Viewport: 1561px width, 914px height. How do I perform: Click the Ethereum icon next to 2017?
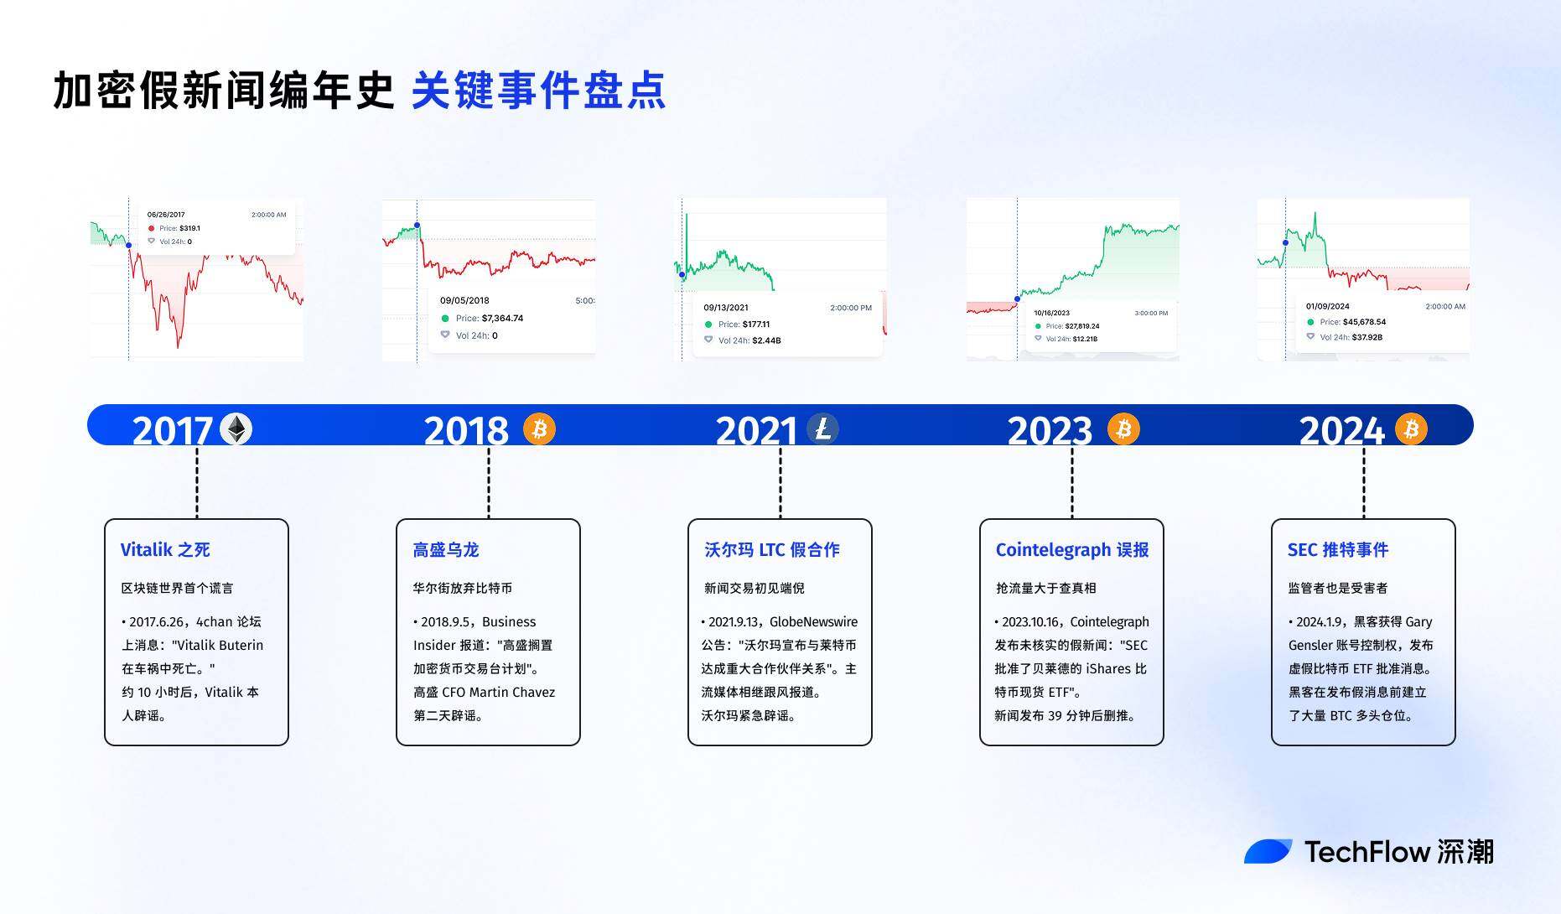pyautogui.click(x=236, y=429)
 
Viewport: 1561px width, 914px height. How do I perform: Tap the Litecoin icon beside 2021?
pyautogui.click(x=822, y=429)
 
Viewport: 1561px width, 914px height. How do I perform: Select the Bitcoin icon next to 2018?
pyautogui.click(x=539, y=429)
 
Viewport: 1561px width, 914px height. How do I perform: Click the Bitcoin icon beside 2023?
pyautogui.click(x=1123, y=429)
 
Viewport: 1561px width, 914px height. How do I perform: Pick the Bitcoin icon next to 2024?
pyautogui.click(x=1411, y=429)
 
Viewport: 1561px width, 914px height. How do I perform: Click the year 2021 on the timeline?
pyautogui.click(x=756, y=431)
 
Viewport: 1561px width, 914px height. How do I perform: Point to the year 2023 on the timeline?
pyautogui.click(x=1050, y=431)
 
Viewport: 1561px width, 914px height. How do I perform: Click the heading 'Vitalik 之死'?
pyautogui.click(x=165, y=550)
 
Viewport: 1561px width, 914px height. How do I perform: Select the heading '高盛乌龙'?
pyautogui.click(x=446, y=550)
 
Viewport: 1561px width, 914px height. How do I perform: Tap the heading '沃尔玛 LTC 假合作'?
pyautogui.click(x=772, y=550)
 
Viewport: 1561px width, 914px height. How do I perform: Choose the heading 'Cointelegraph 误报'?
pyautogui.click(x=1072, y=550)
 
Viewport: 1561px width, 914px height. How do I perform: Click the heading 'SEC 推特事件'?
pyautogui.click(x=1338, y=550)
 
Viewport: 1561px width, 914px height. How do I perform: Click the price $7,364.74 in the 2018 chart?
pyautogui.click(x=502, y=319)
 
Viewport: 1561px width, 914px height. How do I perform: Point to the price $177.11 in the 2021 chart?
pyautogui.click(x=756, y=325)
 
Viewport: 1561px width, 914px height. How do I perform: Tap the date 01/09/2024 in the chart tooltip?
pyautogui.click(x=1328, y=307)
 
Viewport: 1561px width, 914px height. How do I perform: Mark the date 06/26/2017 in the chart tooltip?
pyautogui.click(x=166, y=215)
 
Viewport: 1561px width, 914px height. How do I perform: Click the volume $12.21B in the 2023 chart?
pyautogui.click(x=1085, y=339)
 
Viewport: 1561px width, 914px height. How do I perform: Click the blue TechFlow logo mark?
pyautogui.click(x=1268, y=851)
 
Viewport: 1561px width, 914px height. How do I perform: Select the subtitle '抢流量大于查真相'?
pyautogui.click(x=1046, y=589)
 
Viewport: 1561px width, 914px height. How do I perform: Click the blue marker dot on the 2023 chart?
pyautogui.click(x=1018, y=299)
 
